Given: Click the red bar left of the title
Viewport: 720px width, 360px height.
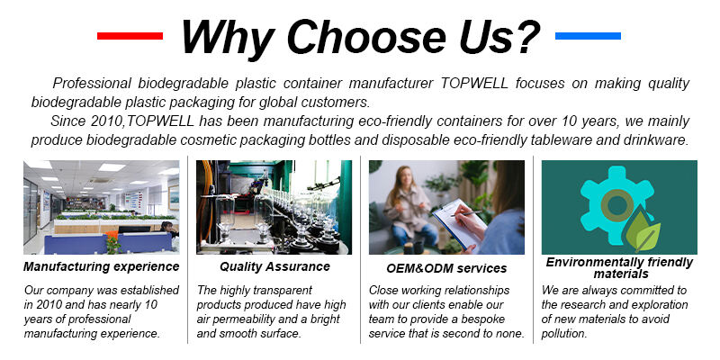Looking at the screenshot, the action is coord(130,36).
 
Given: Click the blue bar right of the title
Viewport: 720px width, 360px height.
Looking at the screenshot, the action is coord(588,36).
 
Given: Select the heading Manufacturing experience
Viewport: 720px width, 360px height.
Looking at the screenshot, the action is coord(102,266).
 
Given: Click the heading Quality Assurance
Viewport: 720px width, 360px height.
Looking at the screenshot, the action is coord(274,266).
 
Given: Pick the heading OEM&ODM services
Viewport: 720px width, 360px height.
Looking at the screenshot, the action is coord(446,268).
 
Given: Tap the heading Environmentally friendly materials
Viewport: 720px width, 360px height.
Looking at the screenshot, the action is coord(619,268).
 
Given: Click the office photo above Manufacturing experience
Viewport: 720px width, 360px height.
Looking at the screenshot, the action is coord(102,207).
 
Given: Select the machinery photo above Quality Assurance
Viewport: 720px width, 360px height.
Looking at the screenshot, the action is coord(274,207).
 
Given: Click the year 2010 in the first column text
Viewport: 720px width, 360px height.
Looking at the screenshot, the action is coord(48,304).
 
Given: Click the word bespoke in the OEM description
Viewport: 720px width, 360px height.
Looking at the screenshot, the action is coord(484,319).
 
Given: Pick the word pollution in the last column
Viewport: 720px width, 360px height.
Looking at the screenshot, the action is coord(564,334).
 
